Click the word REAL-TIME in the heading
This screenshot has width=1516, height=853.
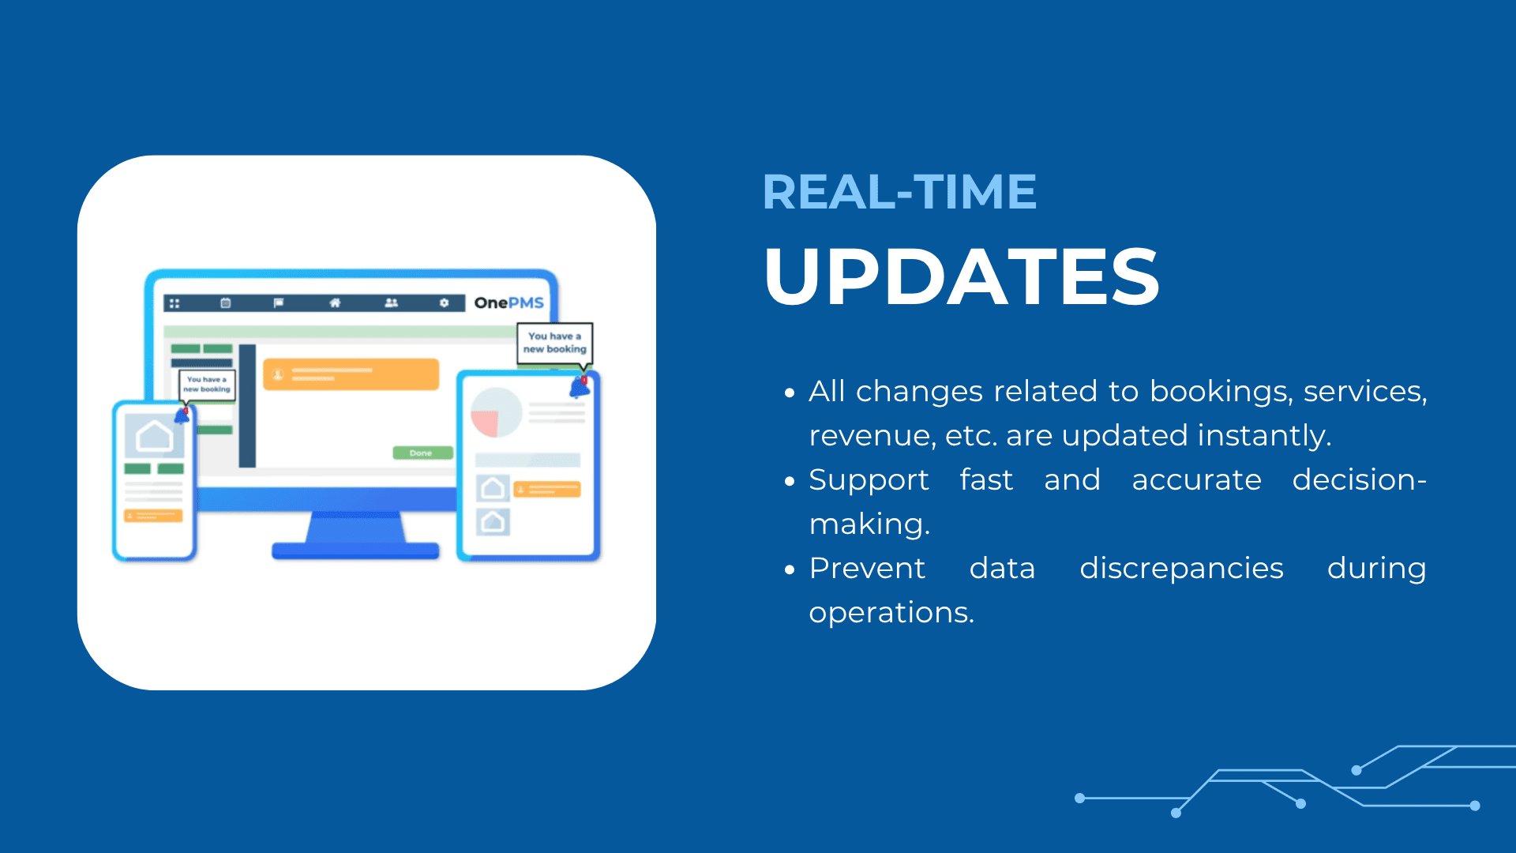pyautogui.click(x=899, y=192)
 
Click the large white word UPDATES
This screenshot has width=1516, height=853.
pyautogui.click(x=961, y=276)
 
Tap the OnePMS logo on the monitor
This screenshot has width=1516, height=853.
pyautogui.click(x=508, y=302)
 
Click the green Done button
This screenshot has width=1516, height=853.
pyautogui.click(x=422, y=453)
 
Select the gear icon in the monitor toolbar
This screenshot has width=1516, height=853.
pyautogui.click(x=445, y=302)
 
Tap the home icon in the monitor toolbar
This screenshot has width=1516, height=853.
pyautogui.click(x=335, y=302)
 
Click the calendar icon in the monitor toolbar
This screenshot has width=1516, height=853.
pyautogui.click(x=226, y=302)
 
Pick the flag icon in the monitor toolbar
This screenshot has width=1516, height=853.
pyautogui.click(x=279, y=302)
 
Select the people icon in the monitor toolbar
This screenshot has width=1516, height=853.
pyautogui.click(x=391, y=302)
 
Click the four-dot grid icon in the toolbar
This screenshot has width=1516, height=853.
pyautogui.click(x=174, y=303)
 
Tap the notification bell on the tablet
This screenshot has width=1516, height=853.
pyautogui.click(x=580, y=387)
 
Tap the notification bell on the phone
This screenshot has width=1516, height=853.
pyautogui.click(x=182, y=416)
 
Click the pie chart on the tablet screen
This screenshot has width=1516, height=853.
pyautogui.click(x=496, y=412)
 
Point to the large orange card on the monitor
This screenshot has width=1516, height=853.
pyautogui.click(x=351, y=374)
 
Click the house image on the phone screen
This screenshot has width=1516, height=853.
pyautogui.click(x=155, y=436)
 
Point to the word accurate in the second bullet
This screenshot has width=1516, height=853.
pyautogui.click(x=1196, y=480)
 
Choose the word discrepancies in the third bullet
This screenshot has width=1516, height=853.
pyautogui.click(x=1181, y=569)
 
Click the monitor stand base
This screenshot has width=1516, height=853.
pyautogui.click(x=355, y=551)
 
